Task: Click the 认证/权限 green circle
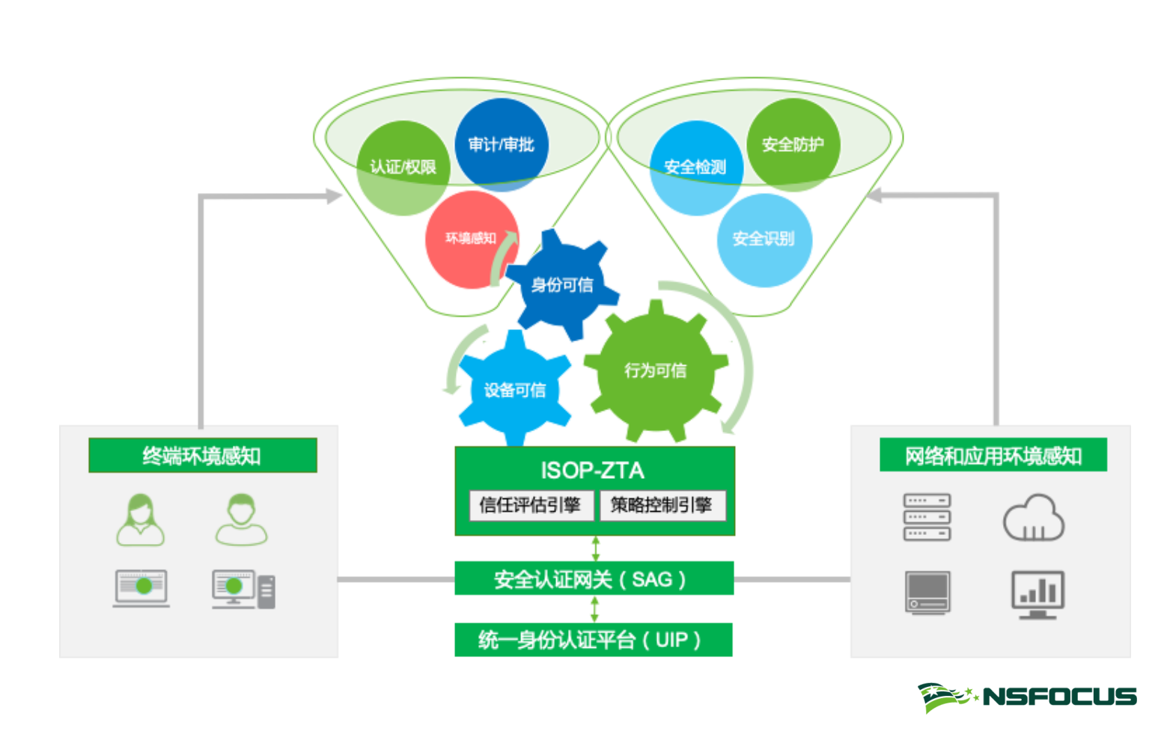(x=403, y=168)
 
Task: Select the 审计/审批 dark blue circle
(x=501, y=144)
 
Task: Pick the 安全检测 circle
(x=695, y=168)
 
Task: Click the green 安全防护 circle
(x=793, y=144)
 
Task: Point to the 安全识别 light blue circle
(x=764, y=239)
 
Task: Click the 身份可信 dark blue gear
(x=561, y=285)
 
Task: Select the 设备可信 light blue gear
(x=514, y=390)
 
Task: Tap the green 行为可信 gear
(x=656, y=371)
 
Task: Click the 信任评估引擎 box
(x=530, y=505)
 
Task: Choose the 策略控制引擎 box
(x=661, y=505)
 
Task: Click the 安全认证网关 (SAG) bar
(x=594, y=579)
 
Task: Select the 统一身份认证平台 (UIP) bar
(x=594, y=640)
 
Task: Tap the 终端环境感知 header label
(x=202, y=456)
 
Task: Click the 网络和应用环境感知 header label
(x=993, y=456)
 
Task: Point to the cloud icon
(x=1033, y=518)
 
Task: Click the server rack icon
(x=927, y=517)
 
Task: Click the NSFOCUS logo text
(x=1059, y=697)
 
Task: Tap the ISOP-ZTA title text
(x=592, y=471)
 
